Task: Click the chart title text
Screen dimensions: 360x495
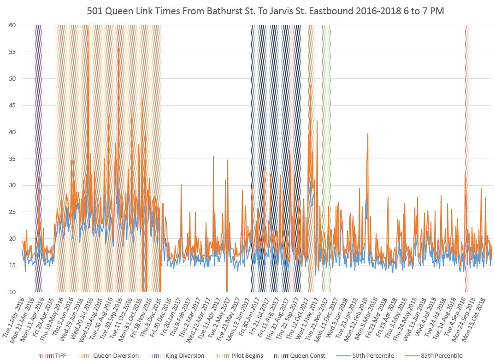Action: [265, 11]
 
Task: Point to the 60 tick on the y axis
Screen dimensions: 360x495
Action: [12, 25]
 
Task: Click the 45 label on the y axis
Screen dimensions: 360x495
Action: [12, 105]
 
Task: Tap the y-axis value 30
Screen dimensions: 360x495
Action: [12, 185]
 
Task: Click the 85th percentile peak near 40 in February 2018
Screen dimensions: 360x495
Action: [367, 133]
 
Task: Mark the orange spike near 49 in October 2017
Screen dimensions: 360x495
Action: [310, 85]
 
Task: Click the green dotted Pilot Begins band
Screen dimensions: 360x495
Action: [326, 138]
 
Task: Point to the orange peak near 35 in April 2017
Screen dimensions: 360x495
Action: [213, 157]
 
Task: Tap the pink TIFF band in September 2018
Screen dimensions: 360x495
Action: [467, 138]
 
